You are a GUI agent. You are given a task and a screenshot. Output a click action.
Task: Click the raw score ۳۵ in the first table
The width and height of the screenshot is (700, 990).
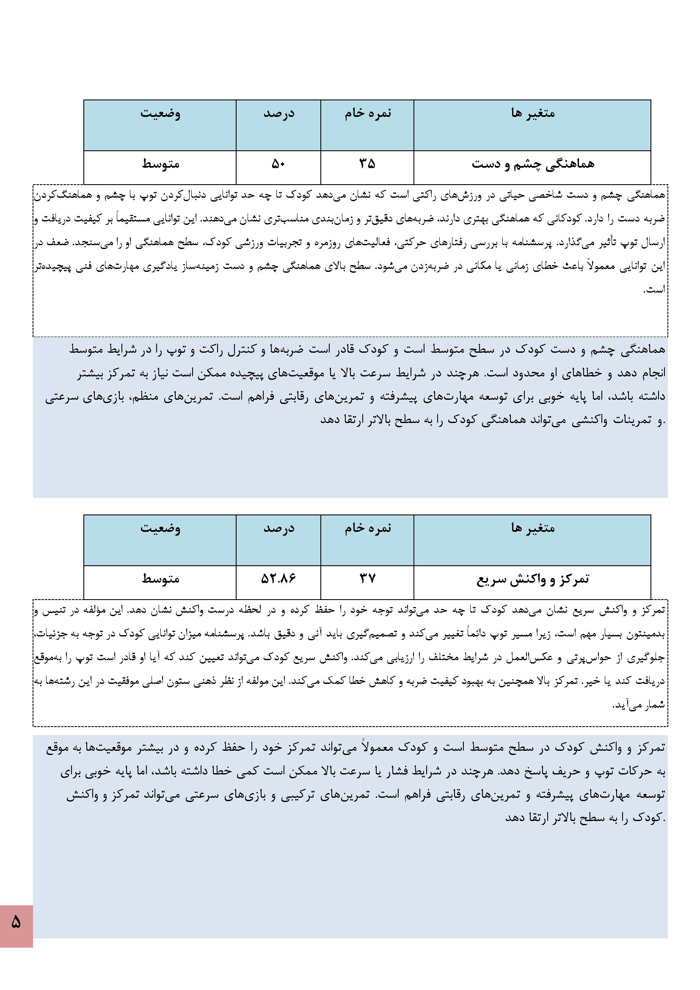click(367, 164)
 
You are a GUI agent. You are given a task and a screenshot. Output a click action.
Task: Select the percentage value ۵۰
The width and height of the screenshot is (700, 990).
click(278, 164)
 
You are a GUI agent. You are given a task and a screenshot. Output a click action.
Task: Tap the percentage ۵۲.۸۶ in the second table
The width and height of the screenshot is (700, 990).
click(278, 579)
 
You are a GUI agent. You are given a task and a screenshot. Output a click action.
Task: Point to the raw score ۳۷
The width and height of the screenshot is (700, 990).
click(367, 579)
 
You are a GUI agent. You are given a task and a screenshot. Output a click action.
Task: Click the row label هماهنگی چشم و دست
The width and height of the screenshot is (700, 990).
click(533, 164)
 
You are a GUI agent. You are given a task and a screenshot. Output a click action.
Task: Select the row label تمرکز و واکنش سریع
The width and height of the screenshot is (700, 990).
click(533, 579)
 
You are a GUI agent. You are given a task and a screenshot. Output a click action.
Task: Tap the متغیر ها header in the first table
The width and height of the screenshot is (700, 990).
click(533, 113)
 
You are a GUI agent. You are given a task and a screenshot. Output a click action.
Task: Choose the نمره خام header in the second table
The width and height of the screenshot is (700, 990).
click(368, 528)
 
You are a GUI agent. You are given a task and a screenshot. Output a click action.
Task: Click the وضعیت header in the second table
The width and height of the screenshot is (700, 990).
click(160, 528)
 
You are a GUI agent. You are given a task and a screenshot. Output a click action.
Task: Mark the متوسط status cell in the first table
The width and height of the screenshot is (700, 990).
click(160, 164)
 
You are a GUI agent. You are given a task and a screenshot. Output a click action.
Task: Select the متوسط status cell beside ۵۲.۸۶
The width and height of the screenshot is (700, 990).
click(160, 579)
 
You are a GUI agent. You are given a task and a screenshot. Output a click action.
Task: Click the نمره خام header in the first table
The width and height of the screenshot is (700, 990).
click(368, 113)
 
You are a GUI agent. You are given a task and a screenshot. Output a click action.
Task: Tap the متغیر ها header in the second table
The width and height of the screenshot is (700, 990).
click(533, 528)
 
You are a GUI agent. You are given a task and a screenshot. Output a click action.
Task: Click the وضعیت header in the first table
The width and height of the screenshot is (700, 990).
click(160, 113)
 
